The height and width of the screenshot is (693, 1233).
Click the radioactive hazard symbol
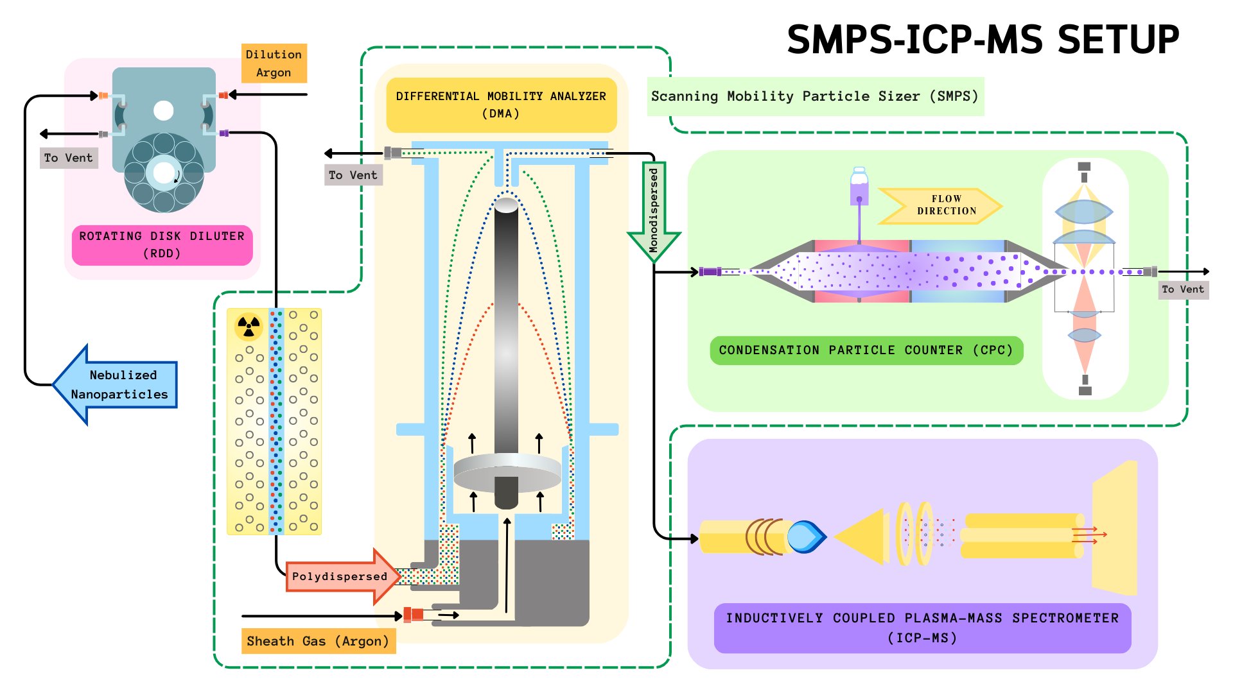tap(249, 327)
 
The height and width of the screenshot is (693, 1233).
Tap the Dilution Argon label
tap(274, 64)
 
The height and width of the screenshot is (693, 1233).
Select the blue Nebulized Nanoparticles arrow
tap(116, 384)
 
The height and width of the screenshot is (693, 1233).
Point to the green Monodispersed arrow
tap(654, 212)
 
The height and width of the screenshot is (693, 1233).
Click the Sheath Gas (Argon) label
tap(318, 641)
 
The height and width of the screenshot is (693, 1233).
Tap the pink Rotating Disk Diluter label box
tap(162, 244)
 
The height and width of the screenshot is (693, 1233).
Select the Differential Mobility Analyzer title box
tap(501, 105)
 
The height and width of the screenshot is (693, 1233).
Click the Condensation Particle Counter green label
tap(866, 350)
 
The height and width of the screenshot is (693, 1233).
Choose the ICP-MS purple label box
tap(922, 628)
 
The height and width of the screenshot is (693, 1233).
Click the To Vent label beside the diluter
tap(68, 158)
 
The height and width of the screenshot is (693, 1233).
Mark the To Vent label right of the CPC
tap(1183, 289)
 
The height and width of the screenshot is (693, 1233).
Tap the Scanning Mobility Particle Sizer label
tap(814, 96)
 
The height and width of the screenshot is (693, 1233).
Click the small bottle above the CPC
tap(859, 186)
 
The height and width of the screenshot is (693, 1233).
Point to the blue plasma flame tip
tap(807, 536)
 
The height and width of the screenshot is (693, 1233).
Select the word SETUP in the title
tap(1118, 40)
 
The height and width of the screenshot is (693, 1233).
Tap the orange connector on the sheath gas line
tap(414, 615)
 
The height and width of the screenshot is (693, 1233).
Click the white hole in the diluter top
tap(164, 110)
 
